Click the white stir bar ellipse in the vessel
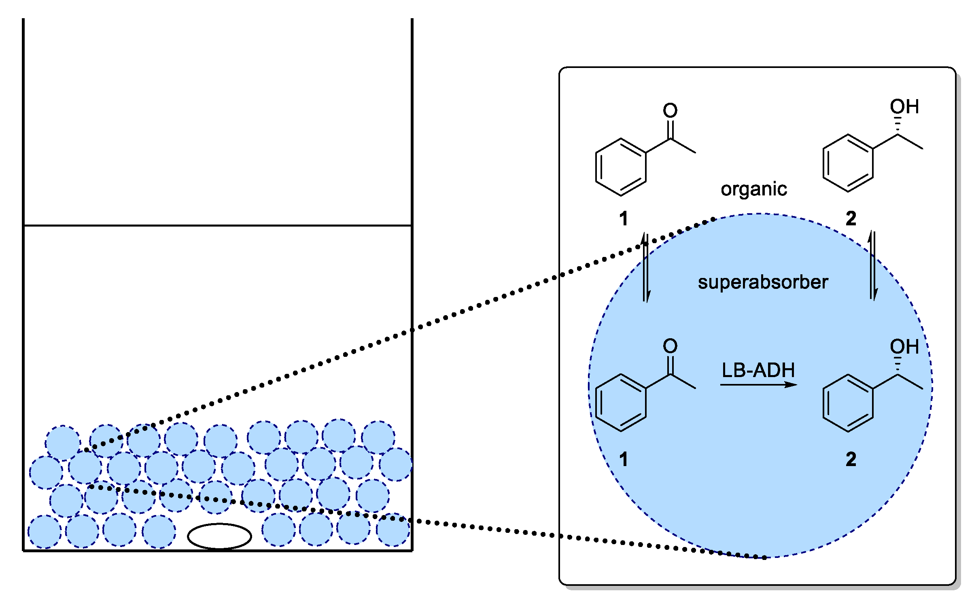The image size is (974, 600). coord(219,536)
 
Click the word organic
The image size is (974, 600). coord(753,189)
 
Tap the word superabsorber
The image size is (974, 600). coord(763,282)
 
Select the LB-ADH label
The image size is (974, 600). coord(758,370)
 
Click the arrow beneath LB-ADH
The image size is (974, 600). coord(758,385)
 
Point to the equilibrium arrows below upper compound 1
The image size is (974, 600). coord(646,267)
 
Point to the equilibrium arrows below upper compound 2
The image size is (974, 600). coord(873,266)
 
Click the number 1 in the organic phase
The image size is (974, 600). coord(624,219)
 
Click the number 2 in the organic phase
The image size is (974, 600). coord(851,219)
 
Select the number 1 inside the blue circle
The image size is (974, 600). coord(624,459)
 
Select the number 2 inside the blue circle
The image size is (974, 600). coord(851,459)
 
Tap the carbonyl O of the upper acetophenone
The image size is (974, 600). coord(670,110)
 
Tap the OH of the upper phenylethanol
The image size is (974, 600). coord(904,107)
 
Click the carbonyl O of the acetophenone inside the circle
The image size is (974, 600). coord(670,346)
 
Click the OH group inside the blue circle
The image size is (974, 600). coord(904,347)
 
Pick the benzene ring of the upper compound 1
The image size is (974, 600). coord(621,167)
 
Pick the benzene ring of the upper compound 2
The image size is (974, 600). coord(848,163)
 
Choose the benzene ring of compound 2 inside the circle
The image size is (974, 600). coord(848,403)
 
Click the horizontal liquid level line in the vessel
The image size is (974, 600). coord(218,225)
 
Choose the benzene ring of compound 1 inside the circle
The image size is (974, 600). coord(621,403)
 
